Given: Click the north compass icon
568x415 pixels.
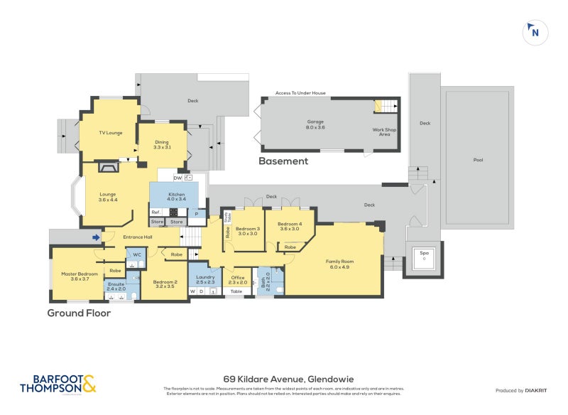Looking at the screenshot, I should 535,32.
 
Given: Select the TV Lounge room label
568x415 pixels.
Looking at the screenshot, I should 110,133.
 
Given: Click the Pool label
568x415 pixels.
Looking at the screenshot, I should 478,160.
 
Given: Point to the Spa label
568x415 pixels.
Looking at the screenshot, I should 425,254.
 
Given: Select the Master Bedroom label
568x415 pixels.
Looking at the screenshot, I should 79,276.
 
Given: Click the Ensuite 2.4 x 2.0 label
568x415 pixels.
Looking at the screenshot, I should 116,286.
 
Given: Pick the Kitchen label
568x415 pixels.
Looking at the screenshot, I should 176,197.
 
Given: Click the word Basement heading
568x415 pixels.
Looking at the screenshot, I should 283,161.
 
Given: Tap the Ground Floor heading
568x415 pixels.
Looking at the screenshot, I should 79,313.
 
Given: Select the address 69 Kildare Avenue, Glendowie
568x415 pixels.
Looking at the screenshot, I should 283,379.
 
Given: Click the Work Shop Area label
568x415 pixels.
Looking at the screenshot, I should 384,131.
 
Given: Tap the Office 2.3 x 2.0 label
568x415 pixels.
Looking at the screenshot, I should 238,280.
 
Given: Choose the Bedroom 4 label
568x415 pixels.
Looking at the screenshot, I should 290,227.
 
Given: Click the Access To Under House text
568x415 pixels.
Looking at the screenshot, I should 300,93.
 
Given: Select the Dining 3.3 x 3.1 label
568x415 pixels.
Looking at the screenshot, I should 162,144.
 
